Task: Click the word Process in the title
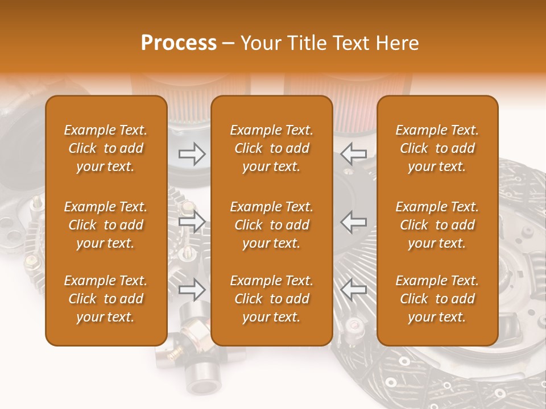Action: [179, 43]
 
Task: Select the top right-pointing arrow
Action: [192, 154]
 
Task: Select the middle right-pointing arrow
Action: [192, 222]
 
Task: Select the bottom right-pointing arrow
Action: [192, 290]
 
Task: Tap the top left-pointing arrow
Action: [354, 154]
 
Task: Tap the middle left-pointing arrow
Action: [354, 222]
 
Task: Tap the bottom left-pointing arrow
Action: [354, 290]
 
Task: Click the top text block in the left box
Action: [106, 148]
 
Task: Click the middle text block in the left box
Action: [106, 225]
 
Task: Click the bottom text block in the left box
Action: [106, 299]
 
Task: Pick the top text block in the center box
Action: [272, 148]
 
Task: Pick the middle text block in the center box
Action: [272, 225]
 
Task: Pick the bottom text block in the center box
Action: [272, 299]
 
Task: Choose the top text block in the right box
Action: [437, 148]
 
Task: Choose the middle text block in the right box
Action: [437, 225]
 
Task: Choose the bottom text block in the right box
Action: [437, 299]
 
